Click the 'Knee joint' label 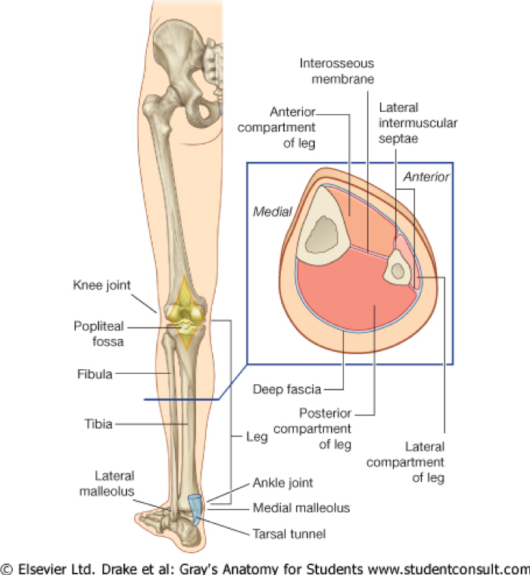point(102,285)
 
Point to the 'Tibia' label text point(98,424)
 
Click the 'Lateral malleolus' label point(114,482)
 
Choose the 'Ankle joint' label point(284,482)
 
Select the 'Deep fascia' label point(286,389)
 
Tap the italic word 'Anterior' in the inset point(426,176)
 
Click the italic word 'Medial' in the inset point(273,212)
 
